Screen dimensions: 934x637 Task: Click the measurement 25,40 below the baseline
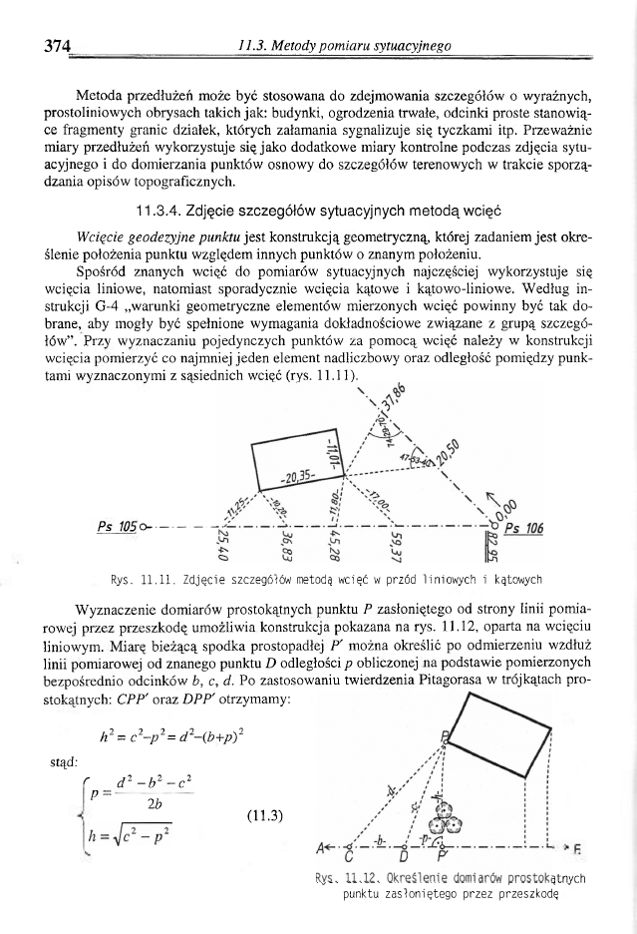(221, 549)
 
